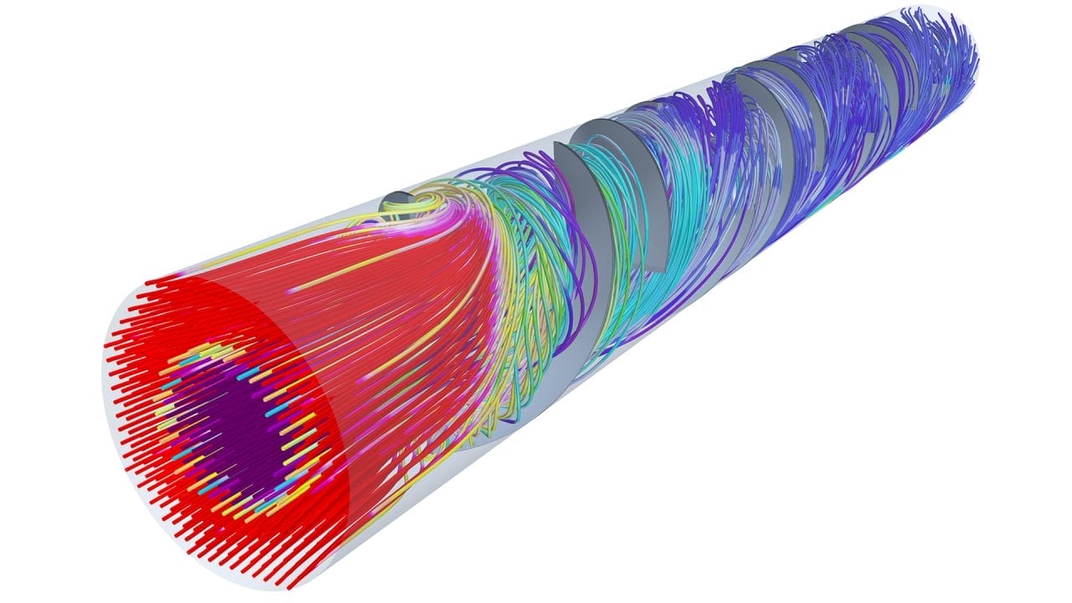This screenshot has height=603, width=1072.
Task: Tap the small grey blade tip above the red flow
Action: (394, 198)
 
